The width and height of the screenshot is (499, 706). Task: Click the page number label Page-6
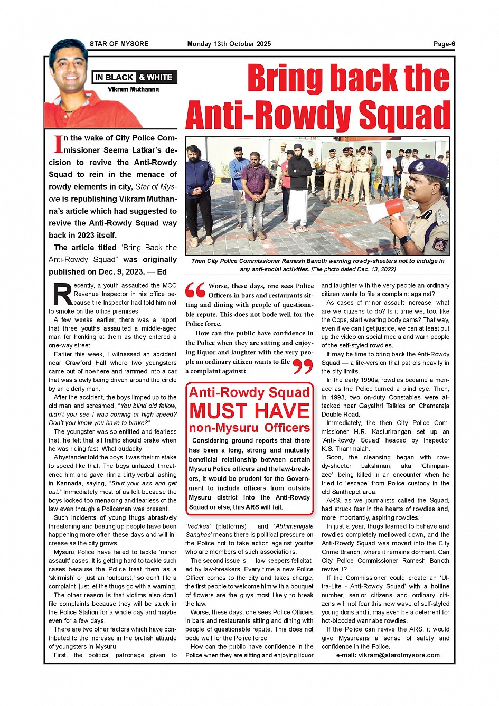coord(444,44)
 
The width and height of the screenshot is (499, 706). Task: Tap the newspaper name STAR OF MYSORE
coord(119,44)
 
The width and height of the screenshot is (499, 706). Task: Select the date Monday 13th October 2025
coord(229,44)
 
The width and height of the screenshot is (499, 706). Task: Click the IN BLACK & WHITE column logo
coord(134,77)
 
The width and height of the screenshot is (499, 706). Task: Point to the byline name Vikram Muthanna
coord(134,90)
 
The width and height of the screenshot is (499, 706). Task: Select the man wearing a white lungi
coord(298,190)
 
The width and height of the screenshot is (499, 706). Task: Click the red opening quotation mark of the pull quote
coord(195,289)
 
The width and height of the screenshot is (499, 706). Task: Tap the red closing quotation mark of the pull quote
coord(303,366)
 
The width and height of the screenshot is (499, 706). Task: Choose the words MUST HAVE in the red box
coord(249,411)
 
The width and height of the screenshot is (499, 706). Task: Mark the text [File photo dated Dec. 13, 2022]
coord(353,269)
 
